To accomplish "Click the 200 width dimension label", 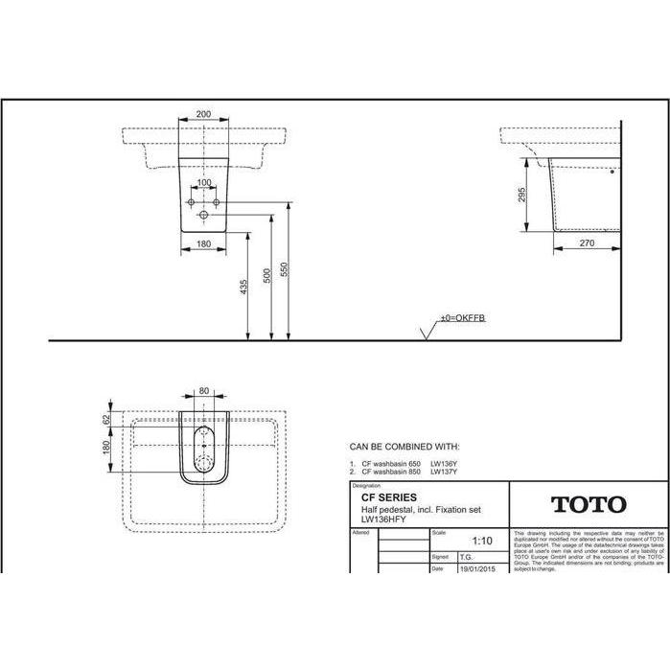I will click(203, 114).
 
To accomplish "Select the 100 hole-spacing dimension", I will click(203, 181).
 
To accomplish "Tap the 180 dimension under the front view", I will click(203, 244).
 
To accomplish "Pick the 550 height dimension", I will click(284, 271).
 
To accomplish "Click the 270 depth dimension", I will click(588, 244).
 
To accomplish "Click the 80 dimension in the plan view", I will click(203, 391).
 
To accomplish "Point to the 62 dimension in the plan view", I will click(107, 418).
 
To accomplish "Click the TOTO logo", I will click(588, 504).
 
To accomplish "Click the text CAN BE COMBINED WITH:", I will click(404, 447).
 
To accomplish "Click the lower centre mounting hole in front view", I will click(203, 217).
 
